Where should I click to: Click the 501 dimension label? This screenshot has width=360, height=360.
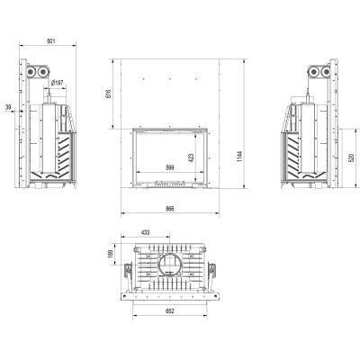[x=51, y=41]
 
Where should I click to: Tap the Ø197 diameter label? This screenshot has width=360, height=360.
[x=58, y=83]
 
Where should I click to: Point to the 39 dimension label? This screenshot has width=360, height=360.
[x=8, y=107]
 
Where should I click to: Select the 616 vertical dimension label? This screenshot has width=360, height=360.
[x=109, y=94]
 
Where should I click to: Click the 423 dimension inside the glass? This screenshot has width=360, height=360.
[x=192, y=158]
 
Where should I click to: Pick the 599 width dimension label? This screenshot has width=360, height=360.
[x=169, y=168]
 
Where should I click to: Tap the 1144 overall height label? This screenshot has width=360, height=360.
[x=239, y=157]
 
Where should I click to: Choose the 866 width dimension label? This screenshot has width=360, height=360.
[x=169, y=209]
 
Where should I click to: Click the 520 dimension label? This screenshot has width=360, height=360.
[x=352, y=157]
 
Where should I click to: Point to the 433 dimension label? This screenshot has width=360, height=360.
[x=145, y=232]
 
